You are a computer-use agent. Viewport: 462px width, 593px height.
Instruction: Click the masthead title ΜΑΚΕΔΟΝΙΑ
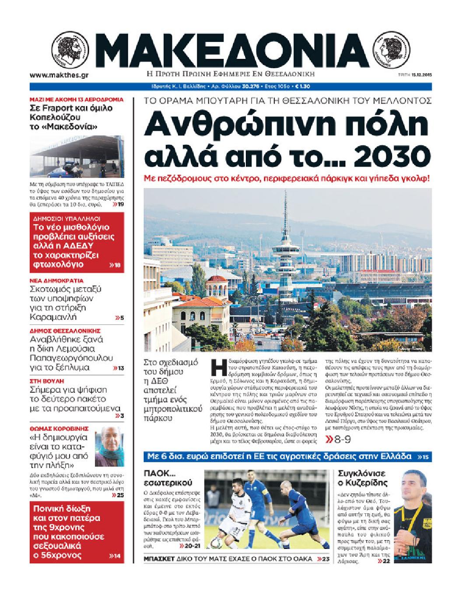(231, 49)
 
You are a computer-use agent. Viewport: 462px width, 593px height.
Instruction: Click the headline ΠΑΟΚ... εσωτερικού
(167, 478)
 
